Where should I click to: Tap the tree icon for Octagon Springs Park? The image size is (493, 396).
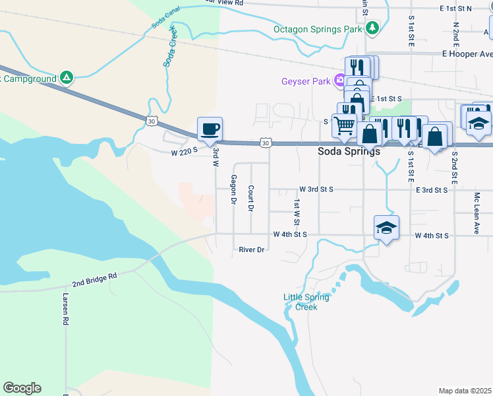pos(372,28)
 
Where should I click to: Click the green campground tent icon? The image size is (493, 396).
pos(66,78)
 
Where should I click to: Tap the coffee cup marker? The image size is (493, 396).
pos(210,129)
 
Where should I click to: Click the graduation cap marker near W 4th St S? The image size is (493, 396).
pos(386,228)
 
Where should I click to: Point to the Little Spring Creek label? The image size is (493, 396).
pos(306,302)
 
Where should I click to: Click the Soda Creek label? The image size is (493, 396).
pos(171,47)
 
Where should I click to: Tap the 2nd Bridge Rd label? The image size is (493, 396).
pos(94,279)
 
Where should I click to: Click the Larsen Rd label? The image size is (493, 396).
pos(65,310)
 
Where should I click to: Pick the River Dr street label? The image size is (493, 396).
pos(251,249)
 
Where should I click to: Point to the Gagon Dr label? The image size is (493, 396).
pos(233,189)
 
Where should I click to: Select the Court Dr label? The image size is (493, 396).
pos(251,198)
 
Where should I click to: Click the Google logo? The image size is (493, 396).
pos(22,388)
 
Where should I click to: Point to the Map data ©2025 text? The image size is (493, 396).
pos(465,391)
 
